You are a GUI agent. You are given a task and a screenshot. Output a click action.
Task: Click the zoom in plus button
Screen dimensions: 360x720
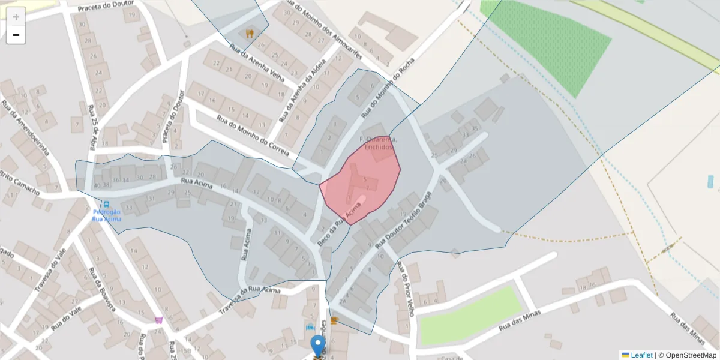click(16, 16)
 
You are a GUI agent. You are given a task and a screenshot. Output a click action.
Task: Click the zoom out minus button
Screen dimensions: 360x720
click(16, 35)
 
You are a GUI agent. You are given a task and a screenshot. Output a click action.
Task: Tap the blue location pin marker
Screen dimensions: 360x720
click(318, 347)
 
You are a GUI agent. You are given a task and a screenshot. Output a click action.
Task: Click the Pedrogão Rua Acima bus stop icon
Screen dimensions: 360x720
click(107, 205)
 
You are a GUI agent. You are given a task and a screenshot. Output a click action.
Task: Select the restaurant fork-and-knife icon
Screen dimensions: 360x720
click(250, 33)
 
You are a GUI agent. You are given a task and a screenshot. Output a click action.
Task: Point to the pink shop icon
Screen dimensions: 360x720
click(158, 320)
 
